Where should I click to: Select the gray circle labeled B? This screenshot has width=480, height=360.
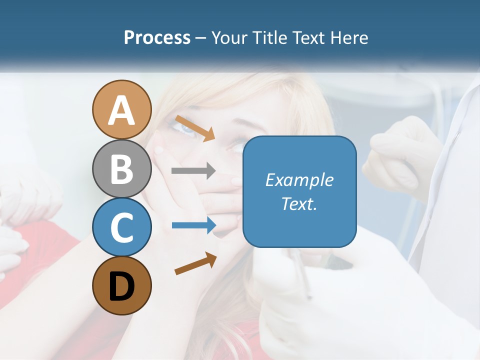pyautogui.click(x=121, y=168)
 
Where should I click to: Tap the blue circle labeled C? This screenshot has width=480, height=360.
pyautogui.click(x=121, y=227)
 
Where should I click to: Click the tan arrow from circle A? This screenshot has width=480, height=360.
pyautogui.click(x=195, y=127)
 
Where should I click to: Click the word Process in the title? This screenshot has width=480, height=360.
pyautogui.click(x=157, y=37)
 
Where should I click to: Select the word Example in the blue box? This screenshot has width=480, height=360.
pyautogui.click(x=299, y=180)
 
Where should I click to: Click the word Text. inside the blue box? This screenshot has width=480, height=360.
pyautogui.click(x=299, y=203)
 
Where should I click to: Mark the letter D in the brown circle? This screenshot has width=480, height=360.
pyautogui.click(x=121, y=286)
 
